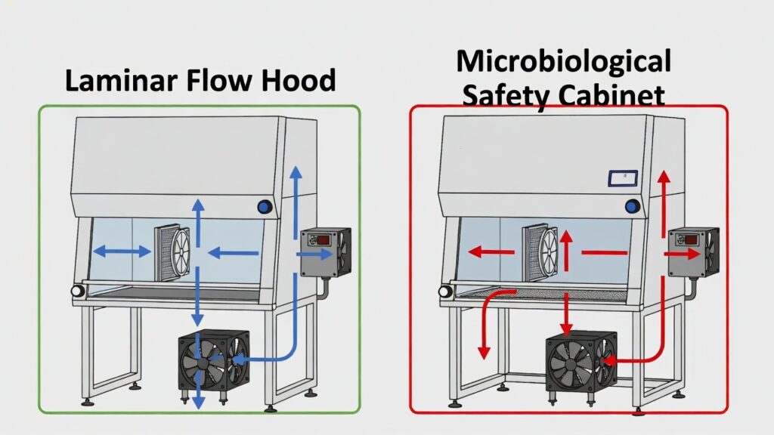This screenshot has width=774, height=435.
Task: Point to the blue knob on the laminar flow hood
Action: pos(265,207)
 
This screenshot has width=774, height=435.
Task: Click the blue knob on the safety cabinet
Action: pos(633,206)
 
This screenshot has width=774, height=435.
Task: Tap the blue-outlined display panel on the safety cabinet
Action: pos(623,178)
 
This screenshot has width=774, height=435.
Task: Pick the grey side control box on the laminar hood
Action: pos(326,251)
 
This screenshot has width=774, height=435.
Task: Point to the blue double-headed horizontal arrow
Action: pos(122,251)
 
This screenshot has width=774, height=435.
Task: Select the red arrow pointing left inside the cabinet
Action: pos(491,252)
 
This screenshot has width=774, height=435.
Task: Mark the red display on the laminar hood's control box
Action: pos(324,240)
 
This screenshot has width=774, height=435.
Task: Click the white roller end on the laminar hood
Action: pos(78,291)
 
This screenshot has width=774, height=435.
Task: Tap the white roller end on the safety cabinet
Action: pos(445,291)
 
